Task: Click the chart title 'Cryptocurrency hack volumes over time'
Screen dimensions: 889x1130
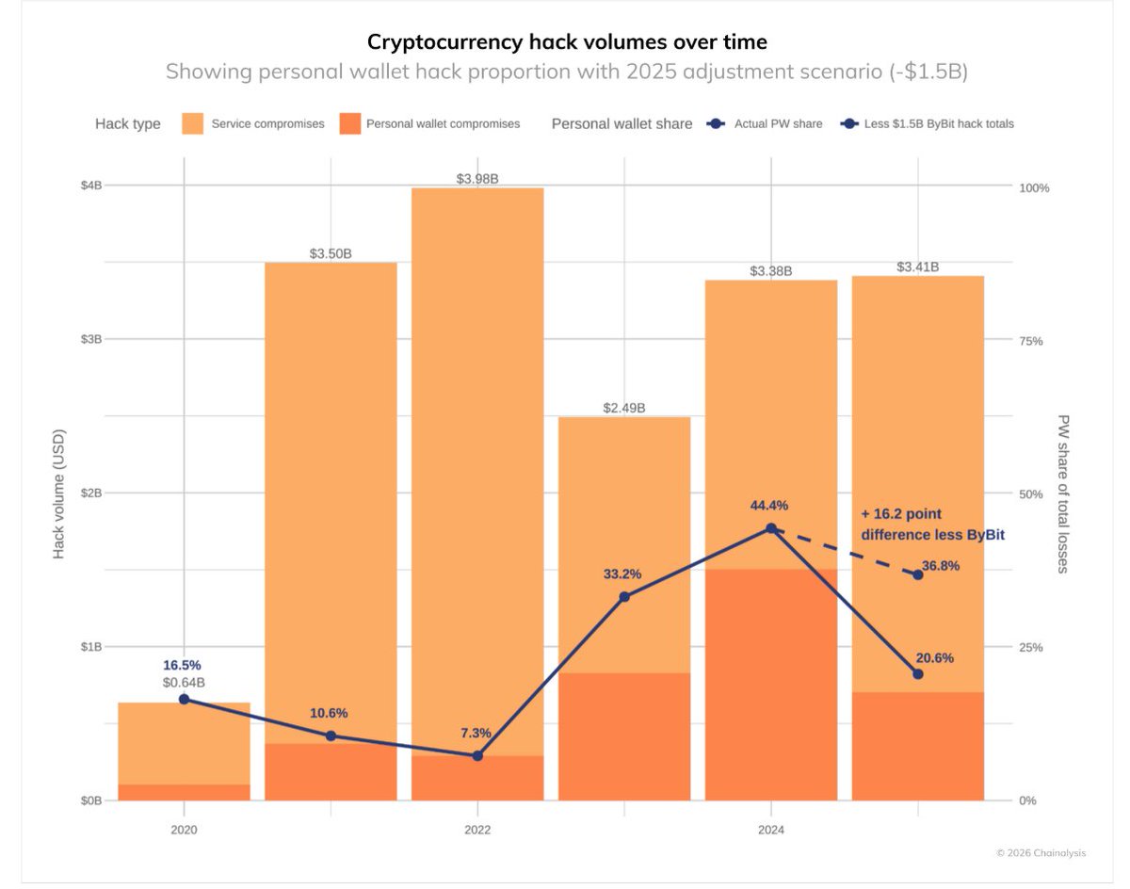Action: point(567,41)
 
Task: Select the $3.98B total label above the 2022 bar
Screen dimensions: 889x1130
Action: point(477,178)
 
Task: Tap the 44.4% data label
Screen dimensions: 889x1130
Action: point(769,506)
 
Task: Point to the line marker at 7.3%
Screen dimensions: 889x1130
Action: point(477,755)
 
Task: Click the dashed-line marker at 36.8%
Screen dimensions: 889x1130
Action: point(918,574)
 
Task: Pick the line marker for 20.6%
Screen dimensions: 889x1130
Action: point(918,673)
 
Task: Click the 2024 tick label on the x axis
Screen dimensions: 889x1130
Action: point(770,831)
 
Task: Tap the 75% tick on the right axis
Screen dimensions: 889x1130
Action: point(1031,341)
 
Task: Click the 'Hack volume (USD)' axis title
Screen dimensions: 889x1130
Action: point(58,493)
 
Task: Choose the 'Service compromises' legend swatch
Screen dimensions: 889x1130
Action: point(193,123)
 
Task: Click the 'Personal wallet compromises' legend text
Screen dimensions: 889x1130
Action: point(443,123)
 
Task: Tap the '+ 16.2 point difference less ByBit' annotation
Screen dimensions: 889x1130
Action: point(932,525)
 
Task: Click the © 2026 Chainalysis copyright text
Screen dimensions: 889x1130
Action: point(1041,853)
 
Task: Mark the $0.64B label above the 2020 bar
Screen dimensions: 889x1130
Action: point(184,682)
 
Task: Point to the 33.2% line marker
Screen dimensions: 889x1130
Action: point(624,596)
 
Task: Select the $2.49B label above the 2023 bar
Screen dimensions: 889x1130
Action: point(624,408)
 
